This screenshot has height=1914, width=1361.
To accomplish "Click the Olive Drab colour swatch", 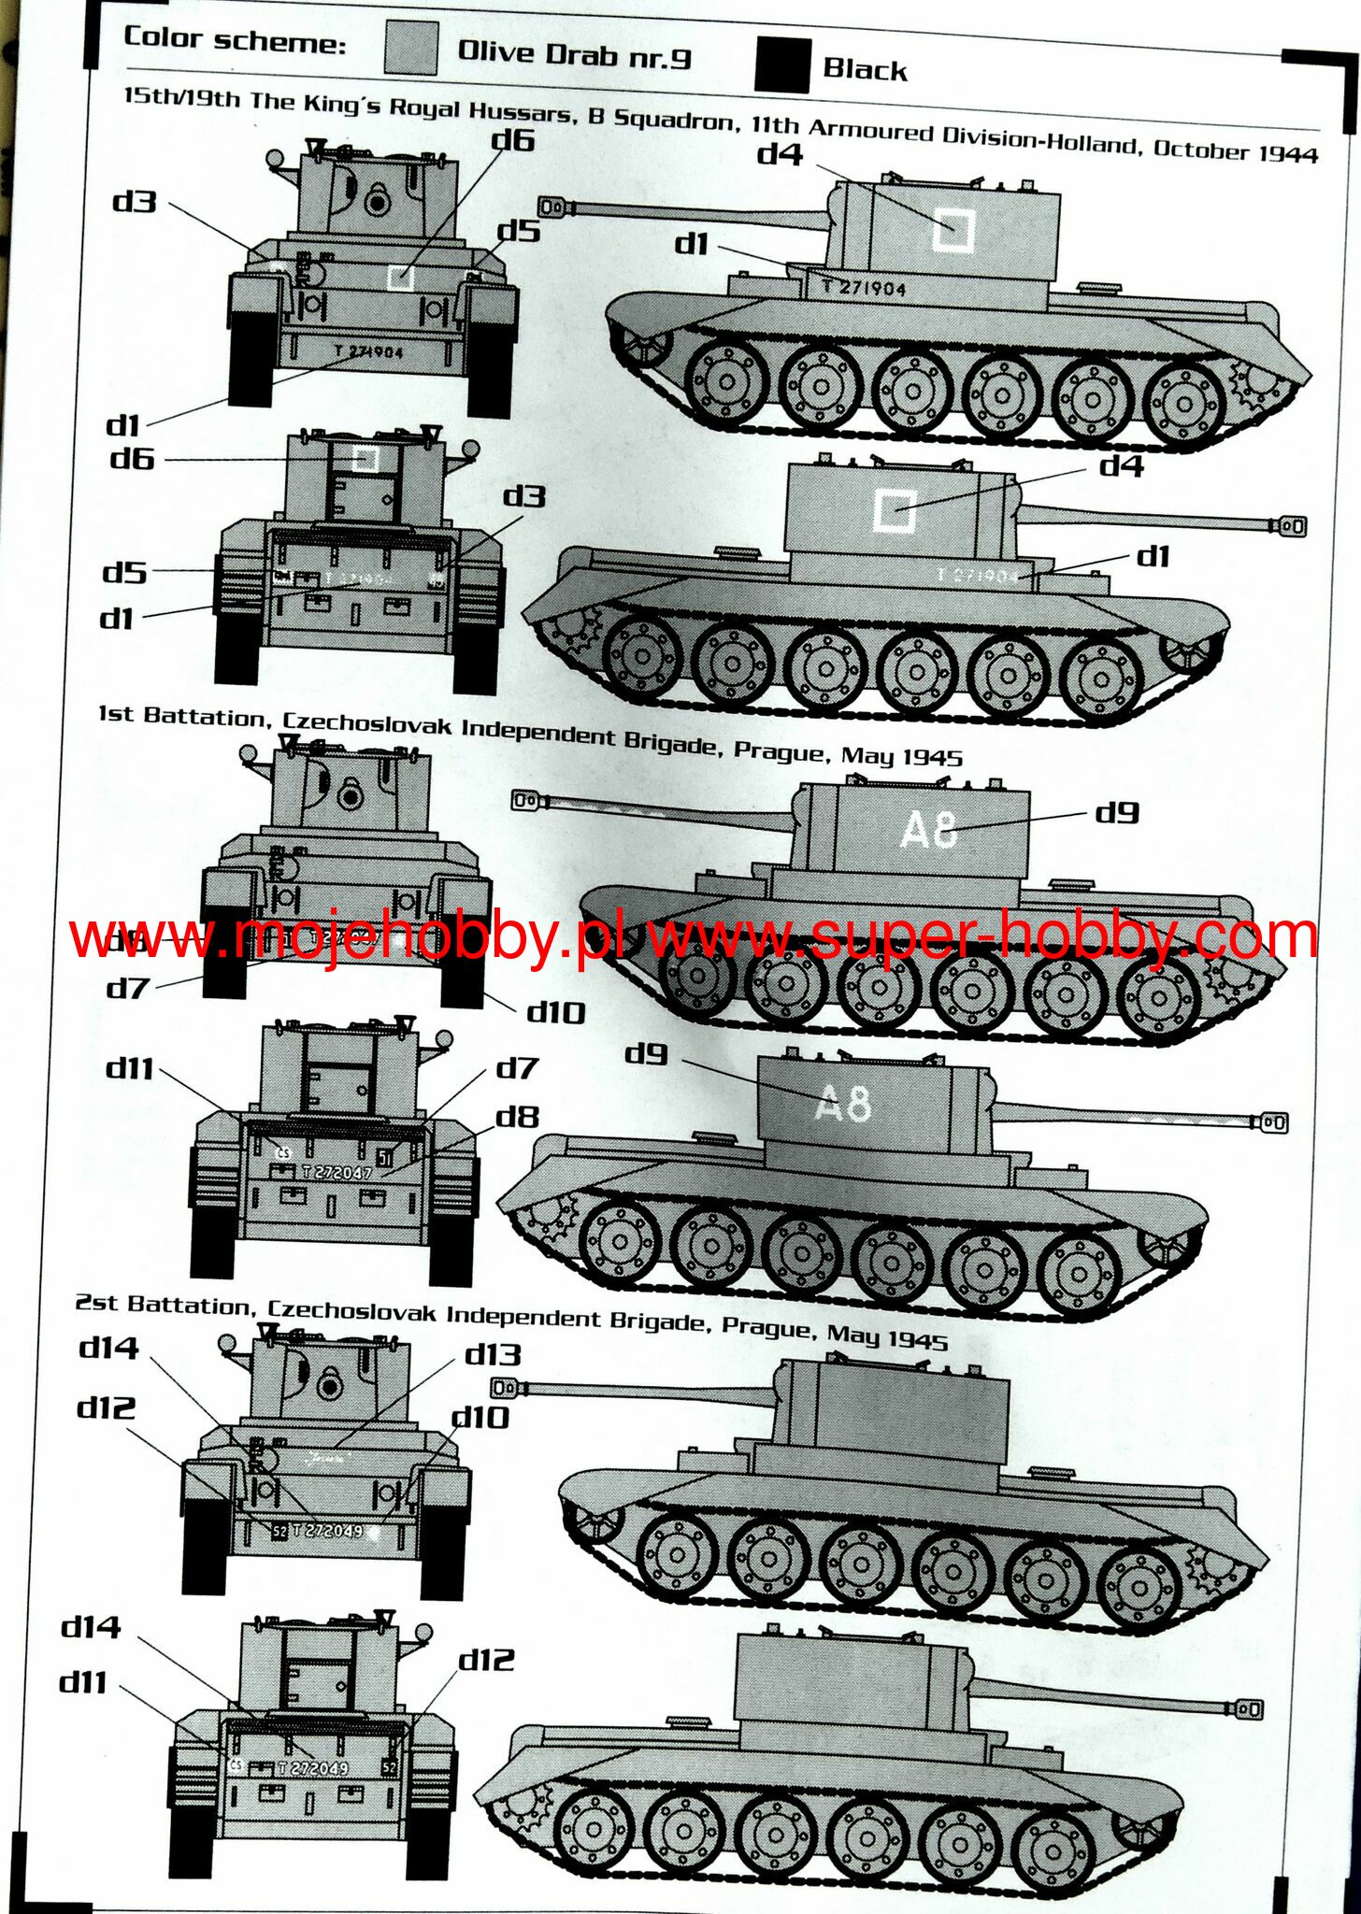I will pos(410,49).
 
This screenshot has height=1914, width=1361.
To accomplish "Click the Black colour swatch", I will pos(782,65).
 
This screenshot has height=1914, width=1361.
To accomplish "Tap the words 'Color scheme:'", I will pos(235,41).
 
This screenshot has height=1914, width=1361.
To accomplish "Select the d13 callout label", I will pos(493,1354).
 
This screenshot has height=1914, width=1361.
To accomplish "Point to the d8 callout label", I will pos(517,1116).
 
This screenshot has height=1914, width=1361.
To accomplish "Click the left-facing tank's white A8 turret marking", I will pos(928,829).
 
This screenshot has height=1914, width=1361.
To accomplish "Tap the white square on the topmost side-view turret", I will pos(953,231).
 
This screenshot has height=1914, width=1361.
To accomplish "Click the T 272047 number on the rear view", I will pos(337,1172).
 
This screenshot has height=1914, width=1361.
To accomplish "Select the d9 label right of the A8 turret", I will pos(1117,812).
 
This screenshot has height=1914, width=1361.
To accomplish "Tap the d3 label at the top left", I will pos(135,201).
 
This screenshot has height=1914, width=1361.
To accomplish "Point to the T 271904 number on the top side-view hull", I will pos(864,288).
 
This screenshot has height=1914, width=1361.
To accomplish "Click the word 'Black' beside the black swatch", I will pos(865,70).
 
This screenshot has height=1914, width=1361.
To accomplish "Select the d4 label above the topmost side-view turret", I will pos(780,153).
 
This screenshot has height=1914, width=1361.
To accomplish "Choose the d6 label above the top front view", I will pos(512,141).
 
